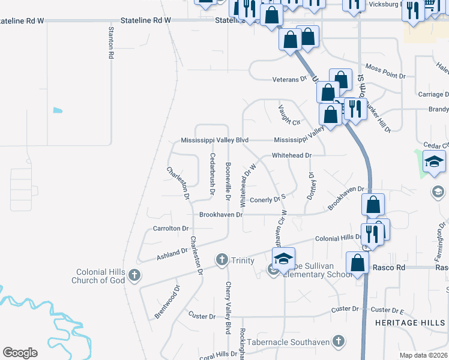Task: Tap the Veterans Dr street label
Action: [289, 79]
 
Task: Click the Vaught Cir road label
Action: [289, 115]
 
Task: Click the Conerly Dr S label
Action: [267, 199]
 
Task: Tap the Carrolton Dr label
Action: [171, 229]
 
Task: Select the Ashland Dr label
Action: [172, 255]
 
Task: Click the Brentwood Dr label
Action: [167, 302]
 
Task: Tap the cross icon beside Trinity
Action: [221, 260]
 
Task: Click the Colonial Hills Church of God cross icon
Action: [134, 276]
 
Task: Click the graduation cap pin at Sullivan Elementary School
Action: [283, 258]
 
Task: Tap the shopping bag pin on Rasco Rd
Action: [358, 263]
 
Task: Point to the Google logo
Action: [20, 353]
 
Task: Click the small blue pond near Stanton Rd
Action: [58, 110]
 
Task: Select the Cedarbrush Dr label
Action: [212, 173]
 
